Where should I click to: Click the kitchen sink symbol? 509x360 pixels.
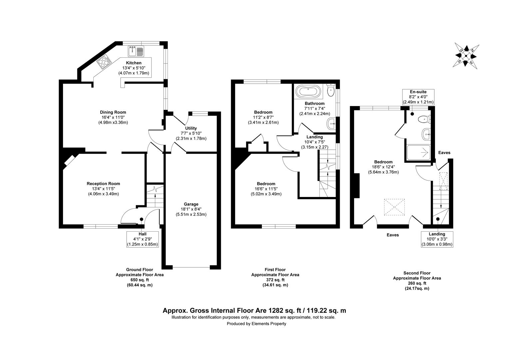click(x=136, y=51)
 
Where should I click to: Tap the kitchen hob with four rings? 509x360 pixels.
click(x=104, y=62)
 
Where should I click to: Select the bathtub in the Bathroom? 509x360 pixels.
click(x=308, y=91)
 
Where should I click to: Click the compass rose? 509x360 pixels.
click(x=466, y=56)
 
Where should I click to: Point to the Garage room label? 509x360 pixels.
click(x=191, y=204)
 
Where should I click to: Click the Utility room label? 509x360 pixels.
click(x=191, y=128)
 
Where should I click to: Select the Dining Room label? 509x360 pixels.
click(x=113, y=112)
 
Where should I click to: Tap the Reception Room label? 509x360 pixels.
click(x=103, y=184)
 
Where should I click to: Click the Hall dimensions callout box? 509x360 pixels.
click(x=142, y=239)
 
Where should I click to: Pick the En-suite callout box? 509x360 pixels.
click(x=418, y=97)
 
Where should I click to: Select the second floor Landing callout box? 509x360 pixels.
click(x=437, y=239)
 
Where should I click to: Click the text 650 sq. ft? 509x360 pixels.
click(x=140, y=280)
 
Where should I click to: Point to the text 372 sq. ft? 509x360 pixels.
click(x=275, y=280)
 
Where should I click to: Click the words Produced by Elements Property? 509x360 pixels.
click(x=256, y=324)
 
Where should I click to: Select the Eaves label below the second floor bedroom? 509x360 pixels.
click(x=393, y=235)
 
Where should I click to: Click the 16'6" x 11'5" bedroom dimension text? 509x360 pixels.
click(x=266, y=189)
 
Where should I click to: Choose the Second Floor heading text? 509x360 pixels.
click(x=417, y=273)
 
